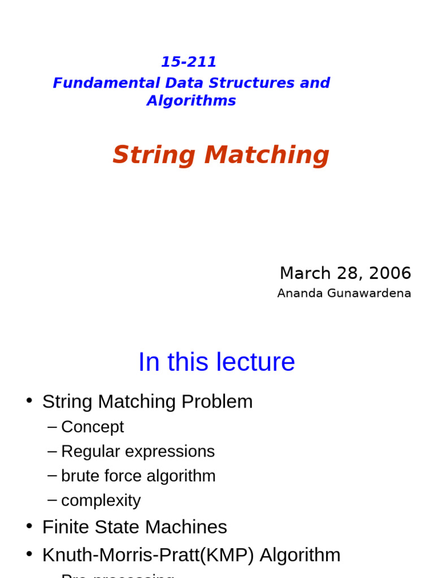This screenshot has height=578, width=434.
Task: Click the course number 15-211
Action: [189, 62]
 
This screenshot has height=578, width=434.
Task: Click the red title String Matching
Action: [220, 155]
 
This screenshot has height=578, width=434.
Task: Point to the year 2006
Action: [390, 273]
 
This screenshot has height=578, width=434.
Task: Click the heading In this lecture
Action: [216, 362]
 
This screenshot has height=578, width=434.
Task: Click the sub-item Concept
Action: [92, 427]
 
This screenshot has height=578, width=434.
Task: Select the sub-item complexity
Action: [101, 501]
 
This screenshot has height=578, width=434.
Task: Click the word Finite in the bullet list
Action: [64, 527]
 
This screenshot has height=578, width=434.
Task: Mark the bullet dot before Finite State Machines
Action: [29, 526]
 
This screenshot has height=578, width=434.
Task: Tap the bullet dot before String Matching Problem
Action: [29, 400]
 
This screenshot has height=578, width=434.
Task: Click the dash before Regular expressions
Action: [53, 451]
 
